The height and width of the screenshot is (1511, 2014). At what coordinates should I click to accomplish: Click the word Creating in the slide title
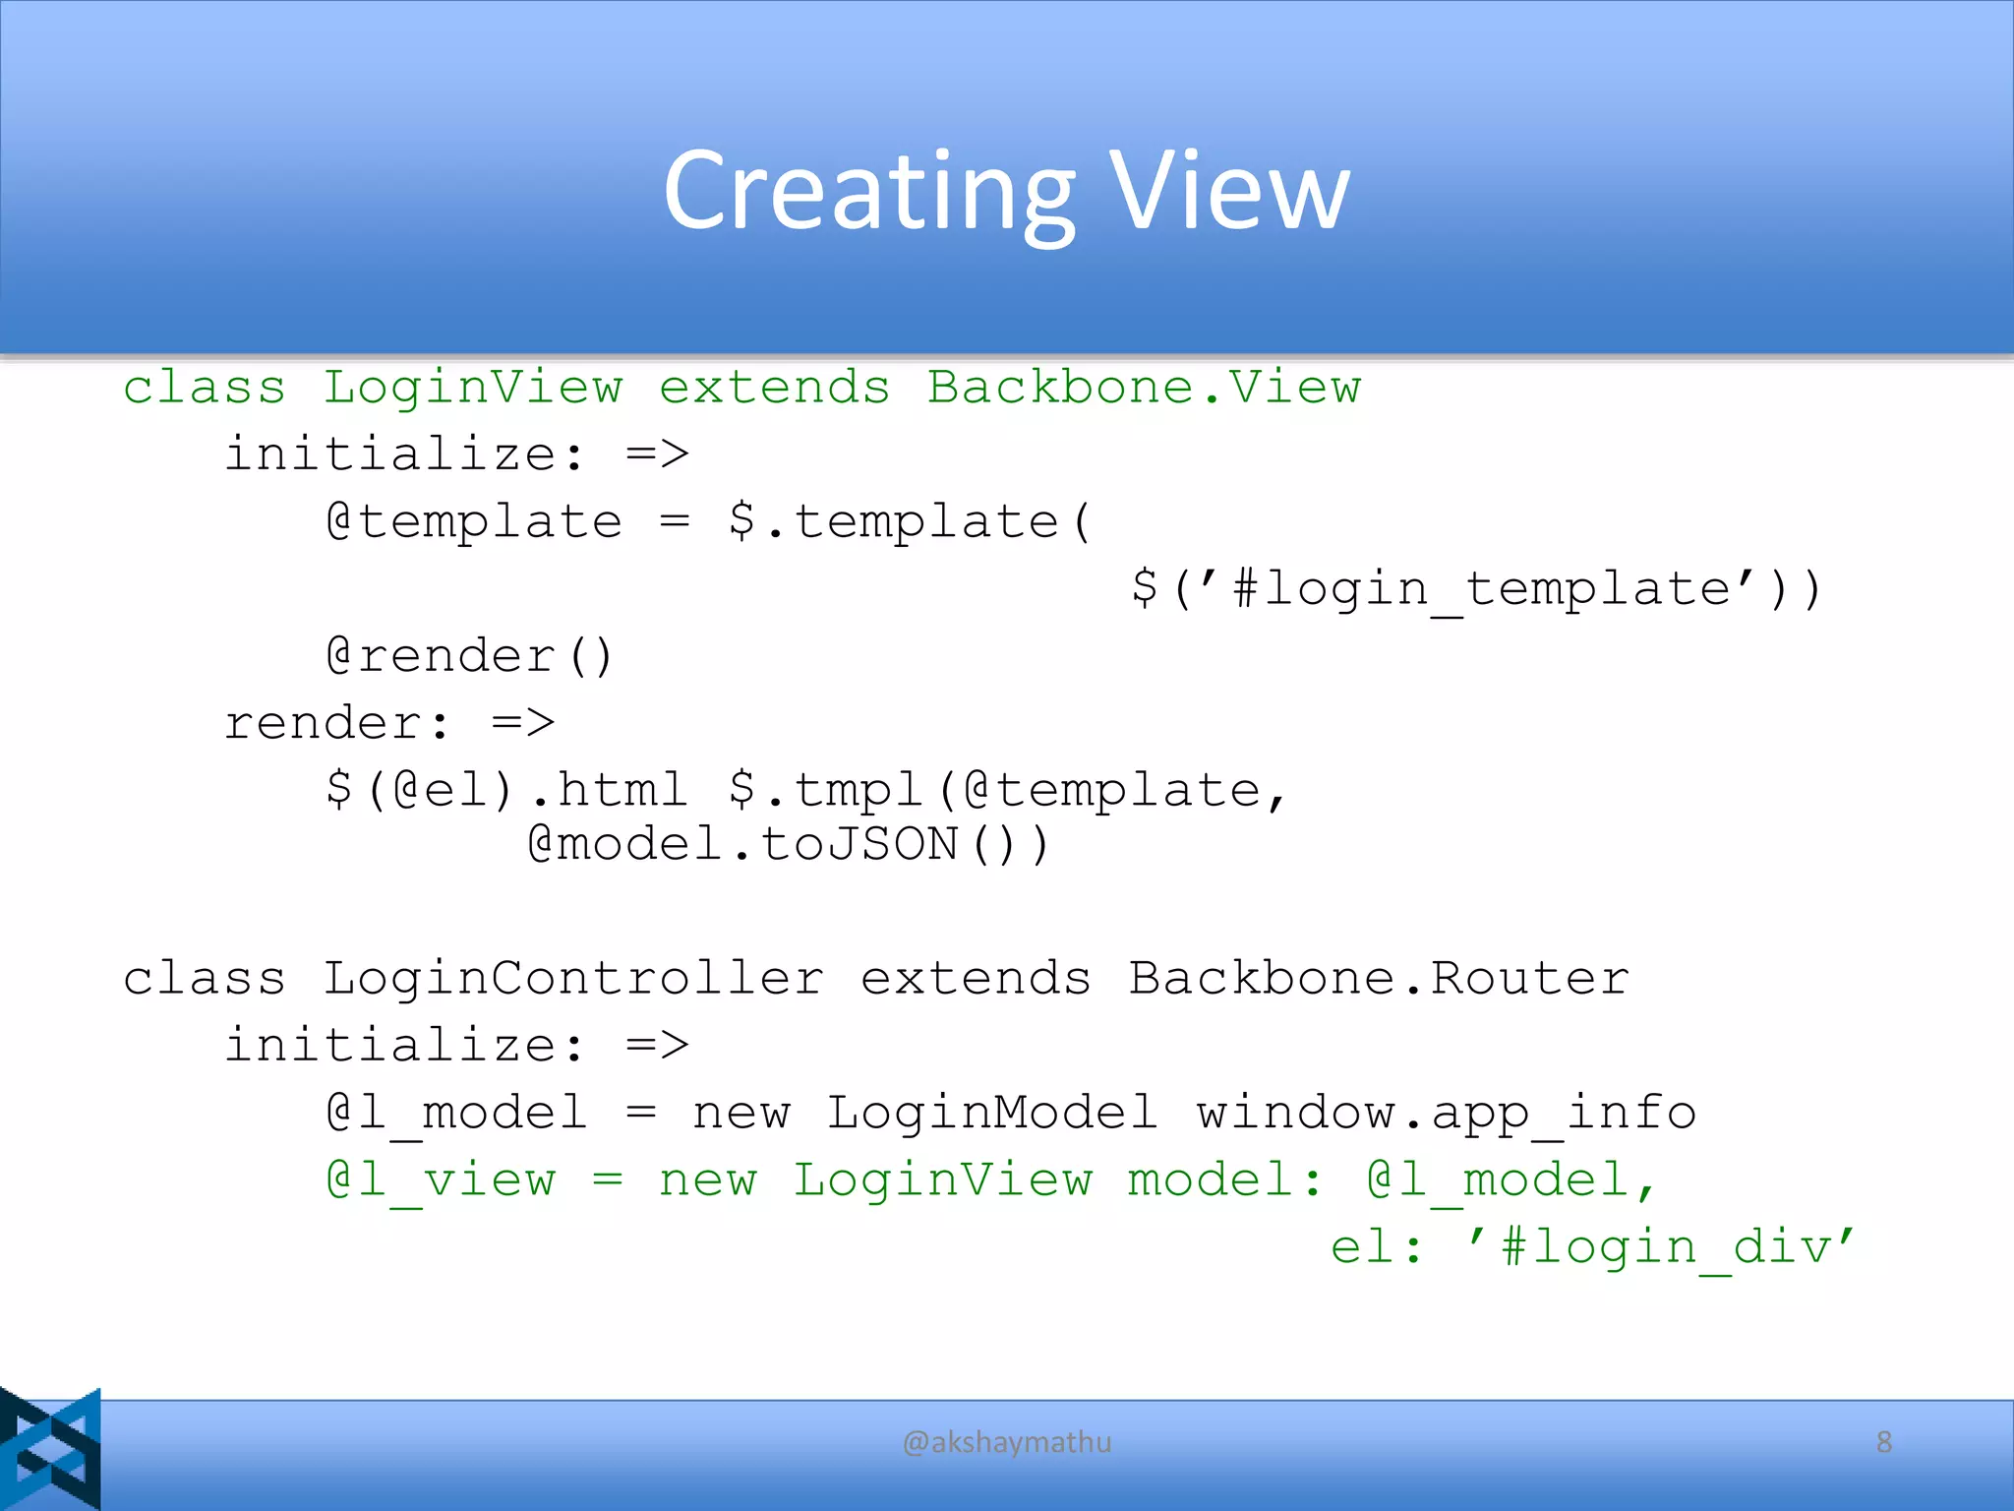[x=870, y=192]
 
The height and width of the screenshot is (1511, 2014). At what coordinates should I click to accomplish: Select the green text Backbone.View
[x=1144, y=388]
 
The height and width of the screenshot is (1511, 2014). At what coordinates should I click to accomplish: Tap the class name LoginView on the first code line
[x=473, y=388]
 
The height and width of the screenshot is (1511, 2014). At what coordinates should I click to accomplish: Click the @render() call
[x=470, y=656]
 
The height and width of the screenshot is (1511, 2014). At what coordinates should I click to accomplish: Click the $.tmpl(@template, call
[x=1007, y=790]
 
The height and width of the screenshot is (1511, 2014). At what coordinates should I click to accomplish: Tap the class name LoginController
[x=573, y=979]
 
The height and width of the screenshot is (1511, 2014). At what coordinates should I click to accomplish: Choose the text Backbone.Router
[x=1379, y=979]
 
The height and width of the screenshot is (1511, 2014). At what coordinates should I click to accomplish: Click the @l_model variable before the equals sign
[x=457, y=1114]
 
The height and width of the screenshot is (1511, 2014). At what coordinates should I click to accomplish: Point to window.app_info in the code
[x=1446, y=1114]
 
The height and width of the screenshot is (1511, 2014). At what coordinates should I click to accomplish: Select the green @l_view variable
[x=441, y=1180]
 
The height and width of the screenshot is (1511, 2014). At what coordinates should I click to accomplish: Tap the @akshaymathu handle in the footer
[x=1007, y=1442]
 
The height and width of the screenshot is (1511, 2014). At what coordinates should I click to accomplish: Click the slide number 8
[x=1883, y=1442]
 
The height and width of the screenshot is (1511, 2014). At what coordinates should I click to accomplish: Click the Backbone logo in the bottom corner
[x=50, y=1448]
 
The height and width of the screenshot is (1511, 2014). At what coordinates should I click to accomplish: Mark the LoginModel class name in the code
[x=991, y=1114]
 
